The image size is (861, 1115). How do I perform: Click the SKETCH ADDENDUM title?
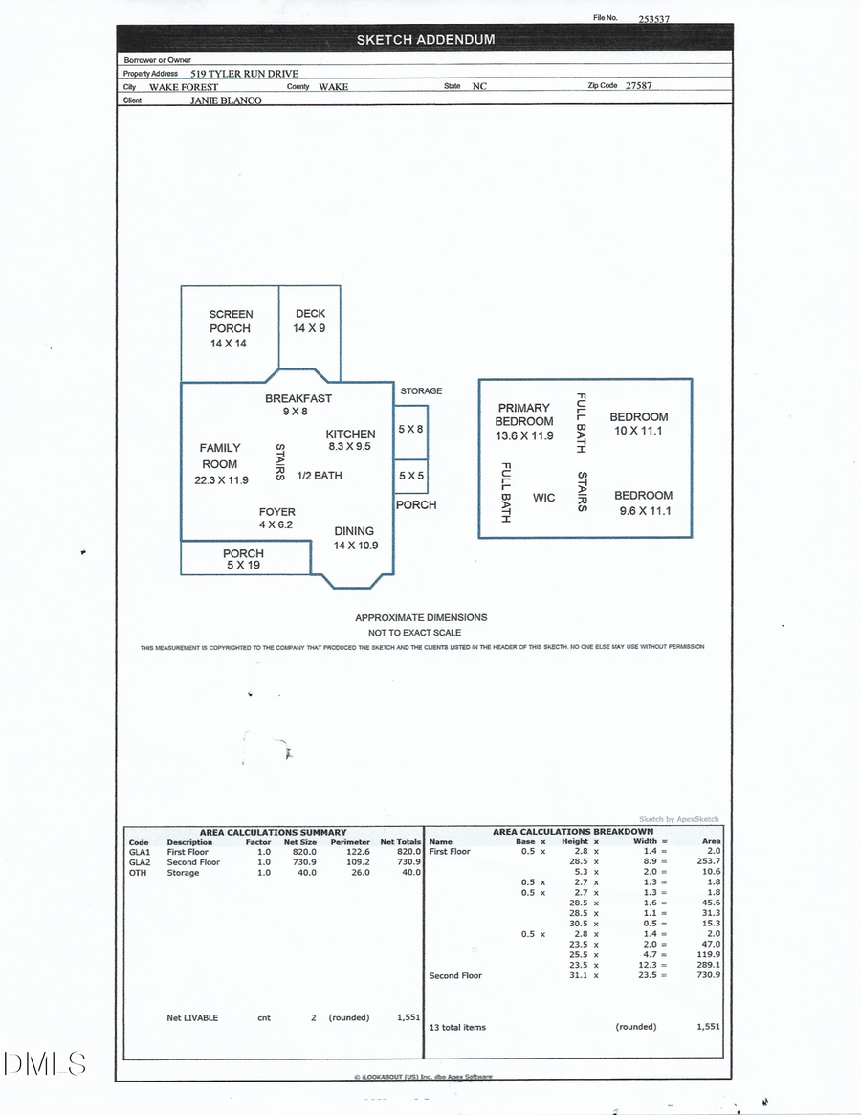(x=426, y=40)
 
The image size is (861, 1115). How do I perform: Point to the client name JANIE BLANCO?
(x=226, y=100)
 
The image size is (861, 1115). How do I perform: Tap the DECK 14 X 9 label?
(x=310, y=321)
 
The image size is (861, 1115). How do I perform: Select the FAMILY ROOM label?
(x=220, y=455)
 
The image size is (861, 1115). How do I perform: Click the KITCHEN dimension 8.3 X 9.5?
(x=349, y=446)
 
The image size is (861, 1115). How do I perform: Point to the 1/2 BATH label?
(x=319, y=476)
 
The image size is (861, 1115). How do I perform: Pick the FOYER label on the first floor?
(x=276, y=512)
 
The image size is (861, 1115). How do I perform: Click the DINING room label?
(x=354, y=531)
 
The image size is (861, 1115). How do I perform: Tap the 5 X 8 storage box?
(x=410, y=430)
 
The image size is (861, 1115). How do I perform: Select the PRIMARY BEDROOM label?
(x=523, y=414)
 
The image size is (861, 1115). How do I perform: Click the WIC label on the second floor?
(x=543, y=498)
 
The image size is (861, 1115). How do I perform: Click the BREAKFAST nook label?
(x=298, y=398)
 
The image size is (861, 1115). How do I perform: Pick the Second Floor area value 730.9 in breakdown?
(x=709, y=975)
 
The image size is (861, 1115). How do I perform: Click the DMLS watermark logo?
(x=45, y=1062)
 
